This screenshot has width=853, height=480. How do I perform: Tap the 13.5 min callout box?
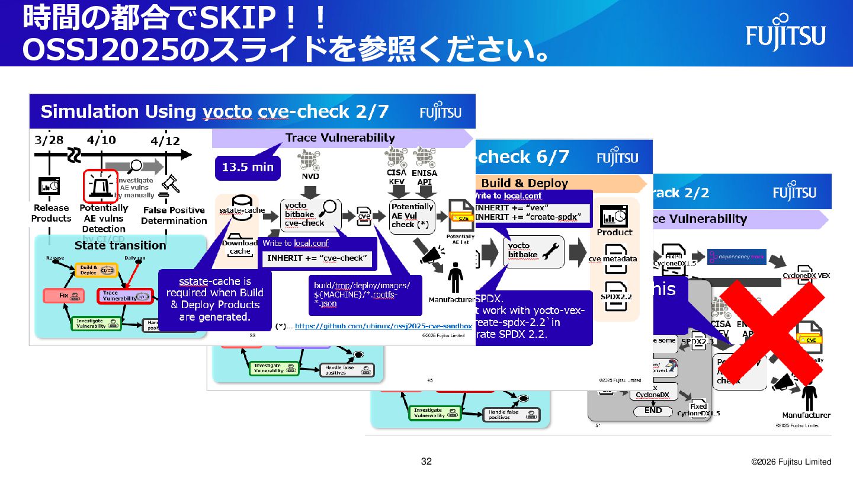pos(248,167)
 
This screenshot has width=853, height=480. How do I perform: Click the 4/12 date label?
pos(165,142)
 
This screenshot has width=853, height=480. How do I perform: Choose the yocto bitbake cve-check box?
pos(306,215)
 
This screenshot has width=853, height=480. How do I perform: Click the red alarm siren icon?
pos(102,185)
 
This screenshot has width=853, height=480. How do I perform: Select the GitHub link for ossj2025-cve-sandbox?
pos(383,326)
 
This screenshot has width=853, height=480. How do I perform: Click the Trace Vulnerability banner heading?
pos(340,138)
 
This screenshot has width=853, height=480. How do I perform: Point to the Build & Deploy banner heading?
pos(525,183)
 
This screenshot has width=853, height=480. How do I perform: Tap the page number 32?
pos(426,462)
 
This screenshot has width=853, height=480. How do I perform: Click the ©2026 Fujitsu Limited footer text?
pos(791,462)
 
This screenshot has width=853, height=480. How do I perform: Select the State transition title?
pos(120,245)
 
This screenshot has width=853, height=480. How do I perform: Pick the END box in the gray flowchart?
pos(653,411)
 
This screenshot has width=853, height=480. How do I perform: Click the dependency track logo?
pos(737,257)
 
